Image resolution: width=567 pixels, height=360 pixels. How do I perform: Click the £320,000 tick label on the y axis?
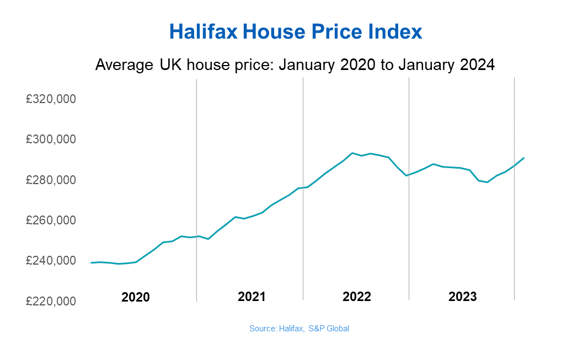coord(51,99)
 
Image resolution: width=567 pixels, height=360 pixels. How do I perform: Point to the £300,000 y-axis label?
coord(51,139)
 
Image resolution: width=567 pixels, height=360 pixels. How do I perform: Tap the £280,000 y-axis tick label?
coord(51,180)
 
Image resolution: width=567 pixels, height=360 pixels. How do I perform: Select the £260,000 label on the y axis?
coord(51,220)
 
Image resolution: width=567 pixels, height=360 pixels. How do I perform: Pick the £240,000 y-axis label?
coord(51,260)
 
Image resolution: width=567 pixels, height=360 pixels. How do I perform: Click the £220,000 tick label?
coord(51,301)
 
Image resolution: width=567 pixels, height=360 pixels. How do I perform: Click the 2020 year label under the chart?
coord(136,297)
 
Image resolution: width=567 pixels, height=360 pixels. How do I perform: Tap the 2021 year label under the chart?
coord(251,297)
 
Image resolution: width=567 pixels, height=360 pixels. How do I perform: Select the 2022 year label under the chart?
coord(357,297)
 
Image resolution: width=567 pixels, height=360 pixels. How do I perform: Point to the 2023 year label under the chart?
coord(462,297)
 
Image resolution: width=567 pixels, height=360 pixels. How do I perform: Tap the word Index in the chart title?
coord(395,31)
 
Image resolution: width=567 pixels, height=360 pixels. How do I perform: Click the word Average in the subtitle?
coord(124,65)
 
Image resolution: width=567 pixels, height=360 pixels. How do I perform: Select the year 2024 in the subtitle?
coord(478,65)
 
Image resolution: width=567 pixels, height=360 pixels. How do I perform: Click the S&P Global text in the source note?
coord(329,329)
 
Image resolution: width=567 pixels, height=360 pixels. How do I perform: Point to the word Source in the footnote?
coord(261,329)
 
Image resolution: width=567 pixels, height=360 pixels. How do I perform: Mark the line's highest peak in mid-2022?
coord(352,153)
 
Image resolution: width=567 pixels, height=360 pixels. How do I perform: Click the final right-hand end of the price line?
coord(524,158)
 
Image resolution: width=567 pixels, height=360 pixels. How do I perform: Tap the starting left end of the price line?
coord(91,262)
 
